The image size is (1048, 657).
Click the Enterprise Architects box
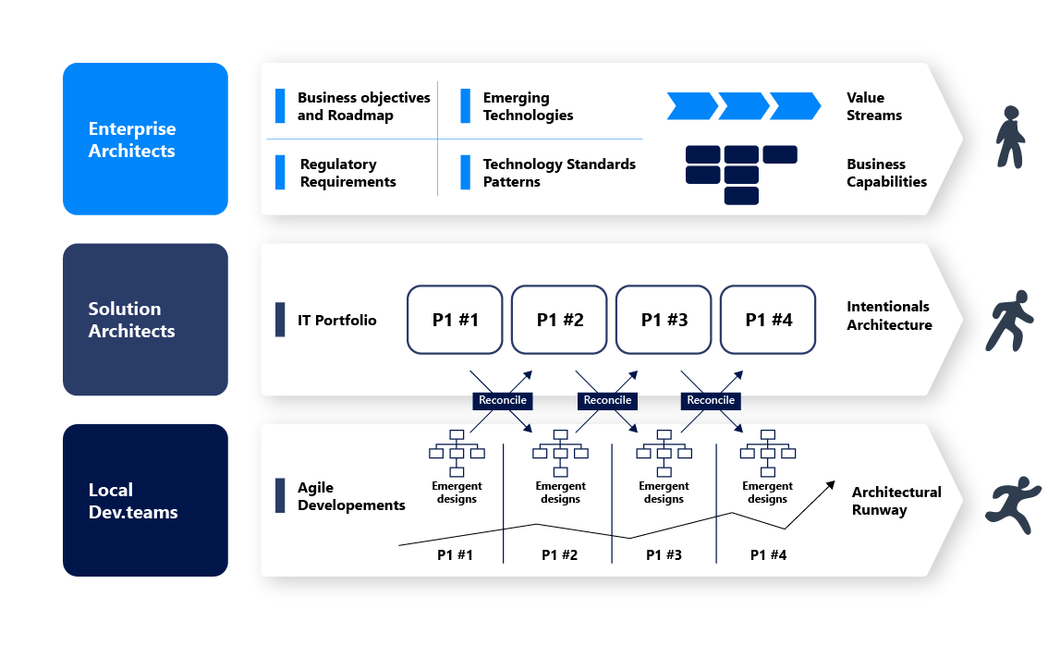(145, 140)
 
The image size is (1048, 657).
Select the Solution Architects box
(145, 320)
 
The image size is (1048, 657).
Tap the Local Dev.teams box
(145, 500)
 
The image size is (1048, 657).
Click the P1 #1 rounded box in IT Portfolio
(455, 320)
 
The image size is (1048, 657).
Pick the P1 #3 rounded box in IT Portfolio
(664, 320)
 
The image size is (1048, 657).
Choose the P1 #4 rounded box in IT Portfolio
(768, 320)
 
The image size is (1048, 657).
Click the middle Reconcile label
(607, 400)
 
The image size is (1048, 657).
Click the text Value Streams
(873, 106)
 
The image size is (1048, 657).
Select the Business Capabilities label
(886, 173)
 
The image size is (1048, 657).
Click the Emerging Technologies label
(528, 106)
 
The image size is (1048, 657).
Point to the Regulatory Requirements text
(347, 173)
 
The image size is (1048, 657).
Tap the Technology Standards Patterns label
(559, 173)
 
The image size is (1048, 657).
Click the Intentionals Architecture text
(889, 315)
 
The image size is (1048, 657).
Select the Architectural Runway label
(896, 501)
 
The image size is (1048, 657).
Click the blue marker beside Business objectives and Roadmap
(280, 106)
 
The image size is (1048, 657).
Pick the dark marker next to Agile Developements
(280, 495)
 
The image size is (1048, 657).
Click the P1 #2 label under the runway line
(559, 555)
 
